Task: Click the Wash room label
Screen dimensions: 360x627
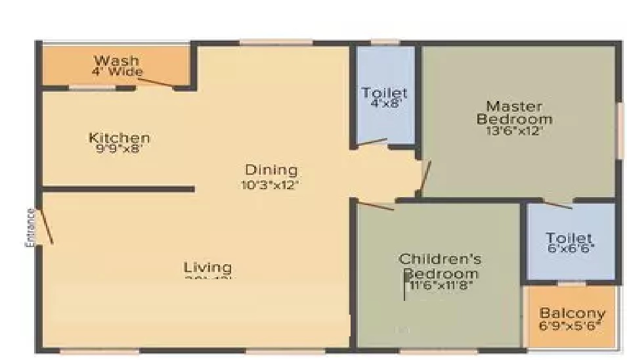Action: coord(116,61)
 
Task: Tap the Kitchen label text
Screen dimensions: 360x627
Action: coord(119,138)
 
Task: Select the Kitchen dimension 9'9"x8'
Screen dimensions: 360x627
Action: coord(119,148)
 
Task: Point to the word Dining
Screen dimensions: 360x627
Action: coord(270,171)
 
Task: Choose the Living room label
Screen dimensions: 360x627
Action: coord(207,267)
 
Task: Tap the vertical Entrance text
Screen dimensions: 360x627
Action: coord(30,227)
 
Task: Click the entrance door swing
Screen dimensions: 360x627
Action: coord(45,227)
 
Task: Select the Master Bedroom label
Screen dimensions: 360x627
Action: coord(514,112)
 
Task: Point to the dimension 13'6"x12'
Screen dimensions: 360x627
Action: coord(514,130)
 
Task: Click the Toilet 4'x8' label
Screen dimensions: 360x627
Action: coord(385,93)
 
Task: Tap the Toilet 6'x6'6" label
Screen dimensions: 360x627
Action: coord(569,238)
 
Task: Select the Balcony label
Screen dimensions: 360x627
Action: coord(573,313)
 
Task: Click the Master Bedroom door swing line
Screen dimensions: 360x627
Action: coord(425,177)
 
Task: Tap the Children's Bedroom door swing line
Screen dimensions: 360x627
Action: coord(375,205)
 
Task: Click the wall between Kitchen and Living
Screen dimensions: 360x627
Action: coord(118,189)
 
